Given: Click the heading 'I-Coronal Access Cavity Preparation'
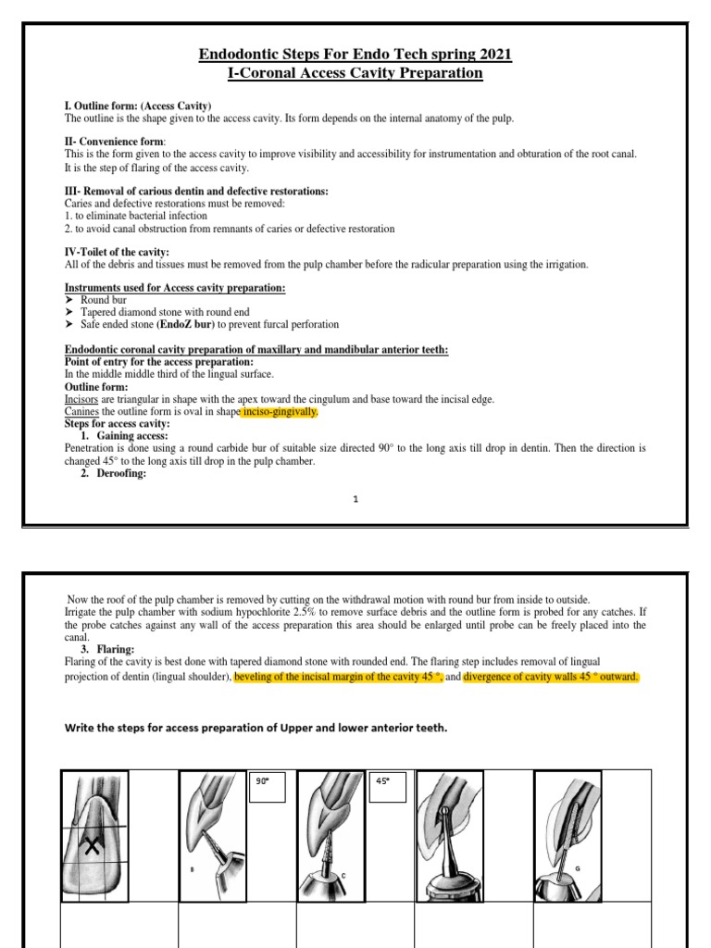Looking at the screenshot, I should (x=355, y=73).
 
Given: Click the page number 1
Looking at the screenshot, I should (x=355, y=499).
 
